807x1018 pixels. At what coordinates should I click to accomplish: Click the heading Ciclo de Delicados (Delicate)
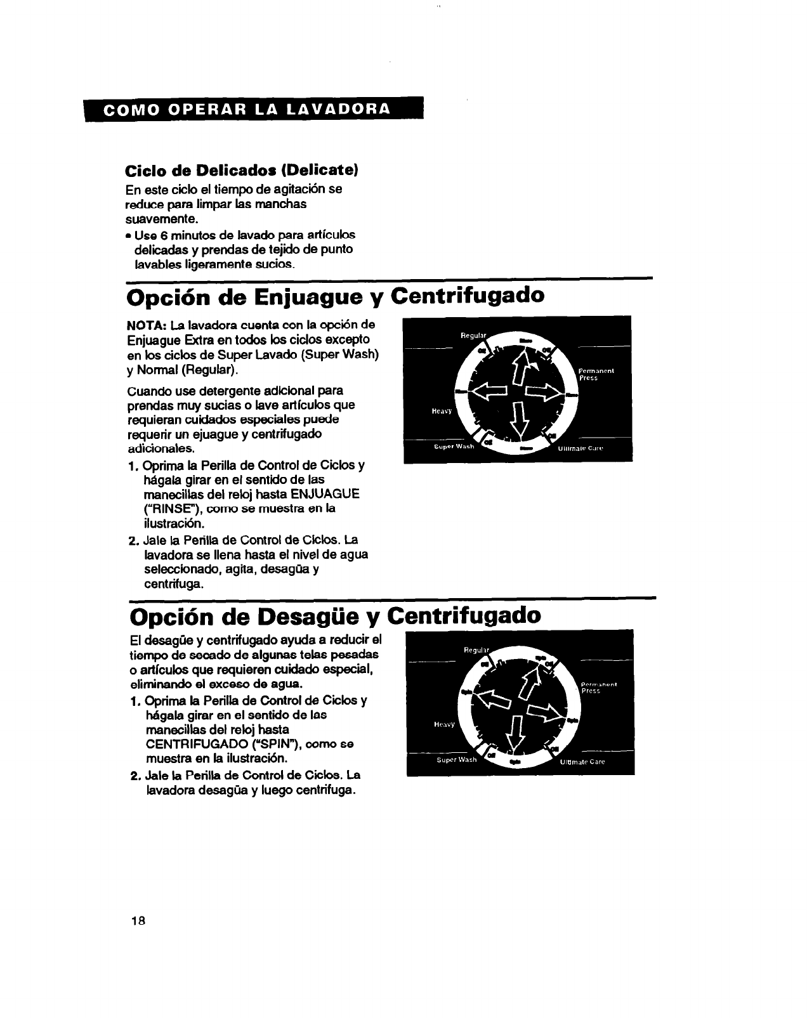pyautogui.click(x=242, y=171)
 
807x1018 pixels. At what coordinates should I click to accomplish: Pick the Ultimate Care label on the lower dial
pyautogui.click(x=582, y=762)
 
